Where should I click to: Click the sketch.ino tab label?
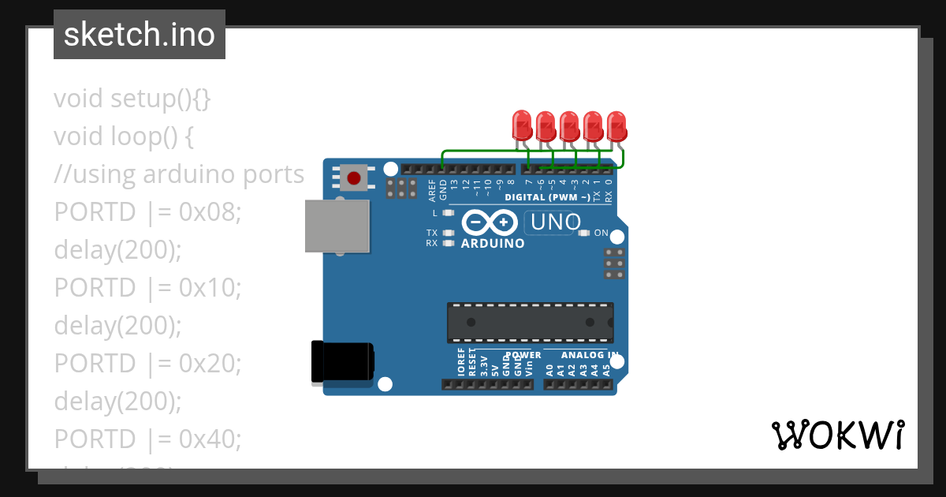[x=139, y=35]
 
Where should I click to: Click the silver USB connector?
[x=337, y=226]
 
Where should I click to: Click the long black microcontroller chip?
[x=530, y=322]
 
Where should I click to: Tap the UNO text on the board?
[x=556, y=222]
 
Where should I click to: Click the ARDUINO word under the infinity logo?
[x=492, y=244]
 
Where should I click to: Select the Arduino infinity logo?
[x=492, y=222]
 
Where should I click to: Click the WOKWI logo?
[x=837, y=435]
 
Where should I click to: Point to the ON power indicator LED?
[x=584, y=233]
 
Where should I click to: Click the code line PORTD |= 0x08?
[x=147, y=212]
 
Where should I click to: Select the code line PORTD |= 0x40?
[x=147, y=438]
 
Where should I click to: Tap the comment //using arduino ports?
[x=179, y=174]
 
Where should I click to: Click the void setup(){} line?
[x=132, y=99]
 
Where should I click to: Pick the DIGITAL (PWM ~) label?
[x=552, y=196]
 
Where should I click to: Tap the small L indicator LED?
[x=449, y=213]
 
